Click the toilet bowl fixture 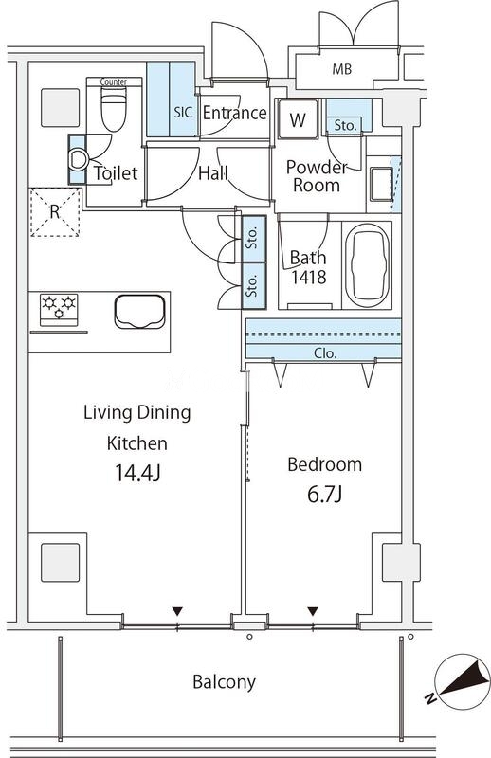[114, 110]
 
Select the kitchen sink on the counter [139, 312]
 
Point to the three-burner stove [59, 310]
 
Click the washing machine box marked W [298, 119]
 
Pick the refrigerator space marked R [55, 212]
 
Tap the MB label [342, 69]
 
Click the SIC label [183, 112]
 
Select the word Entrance [235, 113]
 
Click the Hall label [213, 173]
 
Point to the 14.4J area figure [137, 472]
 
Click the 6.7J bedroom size [325, 494]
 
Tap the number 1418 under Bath [309, 277]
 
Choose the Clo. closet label [325, 353]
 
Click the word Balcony [224, 682]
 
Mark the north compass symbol [458, 681]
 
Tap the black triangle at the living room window [177, 611]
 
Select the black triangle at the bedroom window [313, 611]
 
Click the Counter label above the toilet [114, 82]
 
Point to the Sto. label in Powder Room [345, 126]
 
